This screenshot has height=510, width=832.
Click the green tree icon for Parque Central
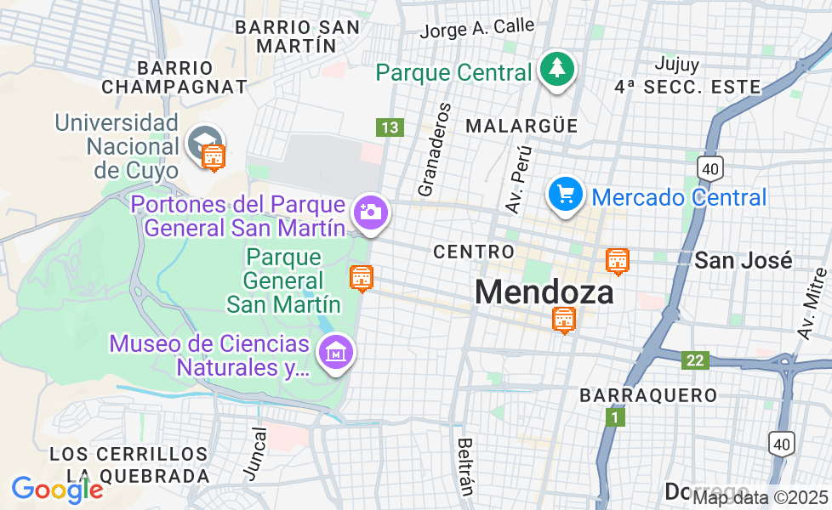tap(557, 68)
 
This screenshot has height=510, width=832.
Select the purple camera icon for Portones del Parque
tap(371, 211)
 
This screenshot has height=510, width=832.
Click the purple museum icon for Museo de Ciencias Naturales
tap(334, 351)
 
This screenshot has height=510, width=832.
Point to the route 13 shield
tap(390, 127)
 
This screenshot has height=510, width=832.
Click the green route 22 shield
tap(695, 360)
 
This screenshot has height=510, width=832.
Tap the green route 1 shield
tap(615, 417)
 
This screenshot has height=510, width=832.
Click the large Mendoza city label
tap(544, 292)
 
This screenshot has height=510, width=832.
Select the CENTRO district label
tap(474, 252)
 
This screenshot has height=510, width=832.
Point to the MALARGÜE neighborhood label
tap(521, 126)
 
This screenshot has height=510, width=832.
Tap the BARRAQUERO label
tap(648, 395)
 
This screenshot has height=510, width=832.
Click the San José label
tap(744, 260)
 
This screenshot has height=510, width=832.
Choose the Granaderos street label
tap(433, 150)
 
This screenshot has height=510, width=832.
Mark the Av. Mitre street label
tap(814, 303)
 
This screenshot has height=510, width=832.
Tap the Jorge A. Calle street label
tap(477, 29)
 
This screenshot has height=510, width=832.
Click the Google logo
tap(58, 489)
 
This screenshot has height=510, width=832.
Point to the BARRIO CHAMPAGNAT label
tap(174, 76)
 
